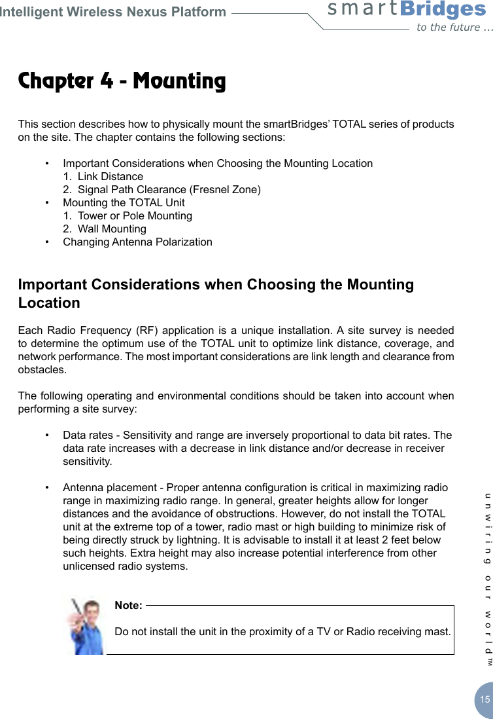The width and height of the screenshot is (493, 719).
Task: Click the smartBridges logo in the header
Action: coord(407,10)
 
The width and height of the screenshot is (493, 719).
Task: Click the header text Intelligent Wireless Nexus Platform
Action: coord(113,12)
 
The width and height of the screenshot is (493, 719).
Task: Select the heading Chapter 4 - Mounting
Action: coord(122,81)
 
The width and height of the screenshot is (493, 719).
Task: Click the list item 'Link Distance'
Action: coord(110,176)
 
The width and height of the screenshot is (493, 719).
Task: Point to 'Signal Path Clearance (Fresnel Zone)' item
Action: coord(169,189)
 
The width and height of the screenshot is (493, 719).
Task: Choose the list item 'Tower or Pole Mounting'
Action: coord(135,215)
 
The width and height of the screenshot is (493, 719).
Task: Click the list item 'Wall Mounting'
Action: coord(112,229)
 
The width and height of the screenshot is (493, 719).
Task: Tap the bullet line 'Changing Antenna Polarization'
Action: coord(137,242)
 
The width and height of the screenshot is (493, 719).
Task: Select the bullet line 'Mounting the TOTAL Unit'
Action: coord(124,202)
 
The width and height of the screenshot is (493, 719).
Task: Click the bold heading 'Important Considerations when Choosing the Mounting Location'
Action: coord(216,293)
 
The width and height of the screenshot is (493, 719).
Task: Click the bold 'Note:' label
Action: coord(128,605)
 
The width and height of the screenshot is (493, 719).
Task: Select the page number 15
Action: coord(484,699)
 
